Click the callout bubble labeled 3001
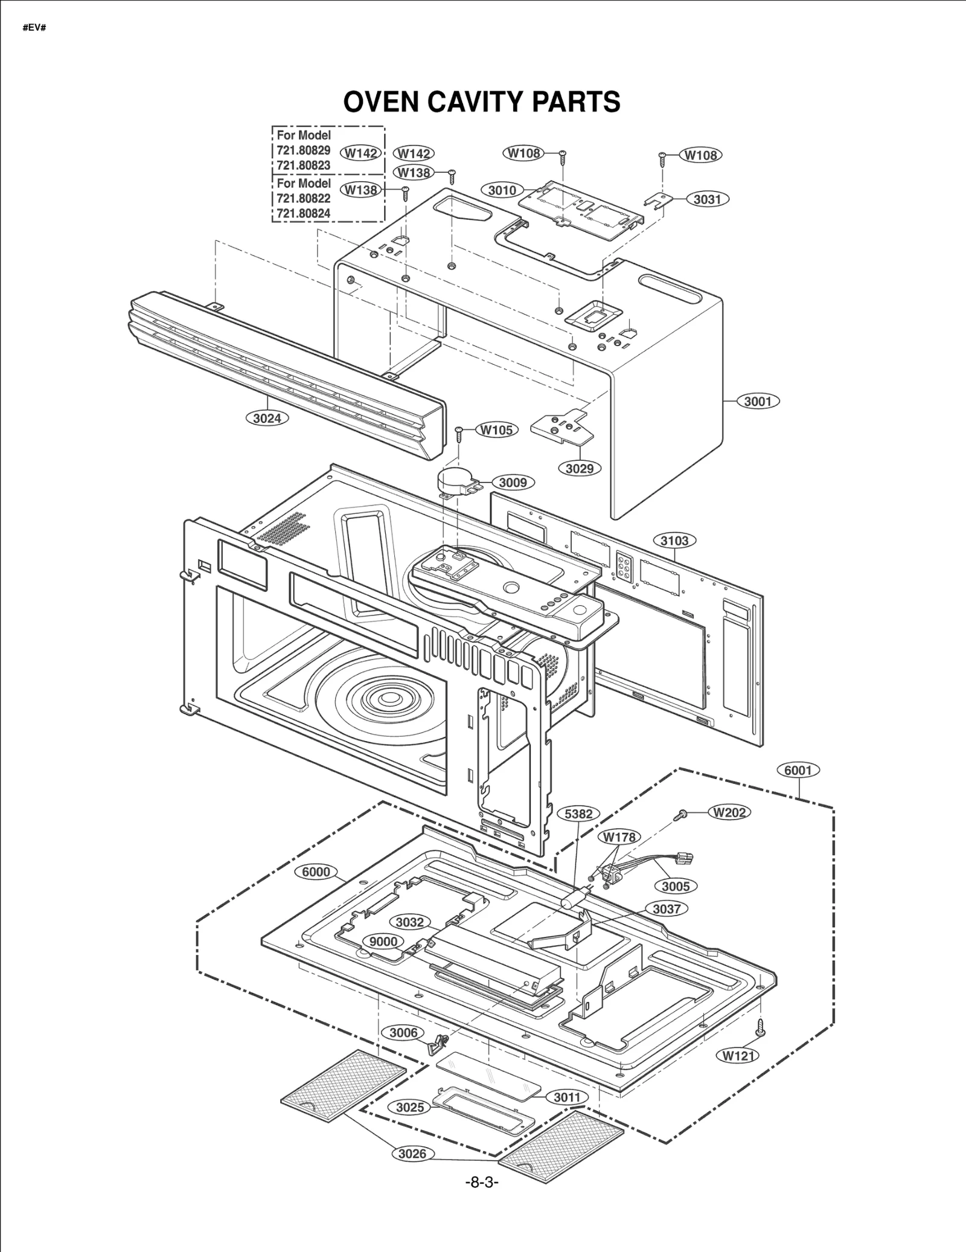(x=758, y=401)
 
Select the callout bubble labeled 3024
(x=267, y=418)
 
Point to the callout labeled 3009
(x=513, y=483)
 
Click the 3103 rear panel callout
(x=674, y=541)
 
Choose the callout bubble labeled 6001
(x=798, y=770)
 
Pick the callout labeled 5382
(x=578, y=814)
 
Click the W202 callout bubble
(x=729, y=812)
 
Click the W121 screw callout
(x=738, y=1056)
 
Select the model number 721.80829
(x=304, y=150)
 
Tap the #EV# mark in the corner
(x=34, y=28)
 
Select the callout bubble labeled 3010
(x=502, y=190)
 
